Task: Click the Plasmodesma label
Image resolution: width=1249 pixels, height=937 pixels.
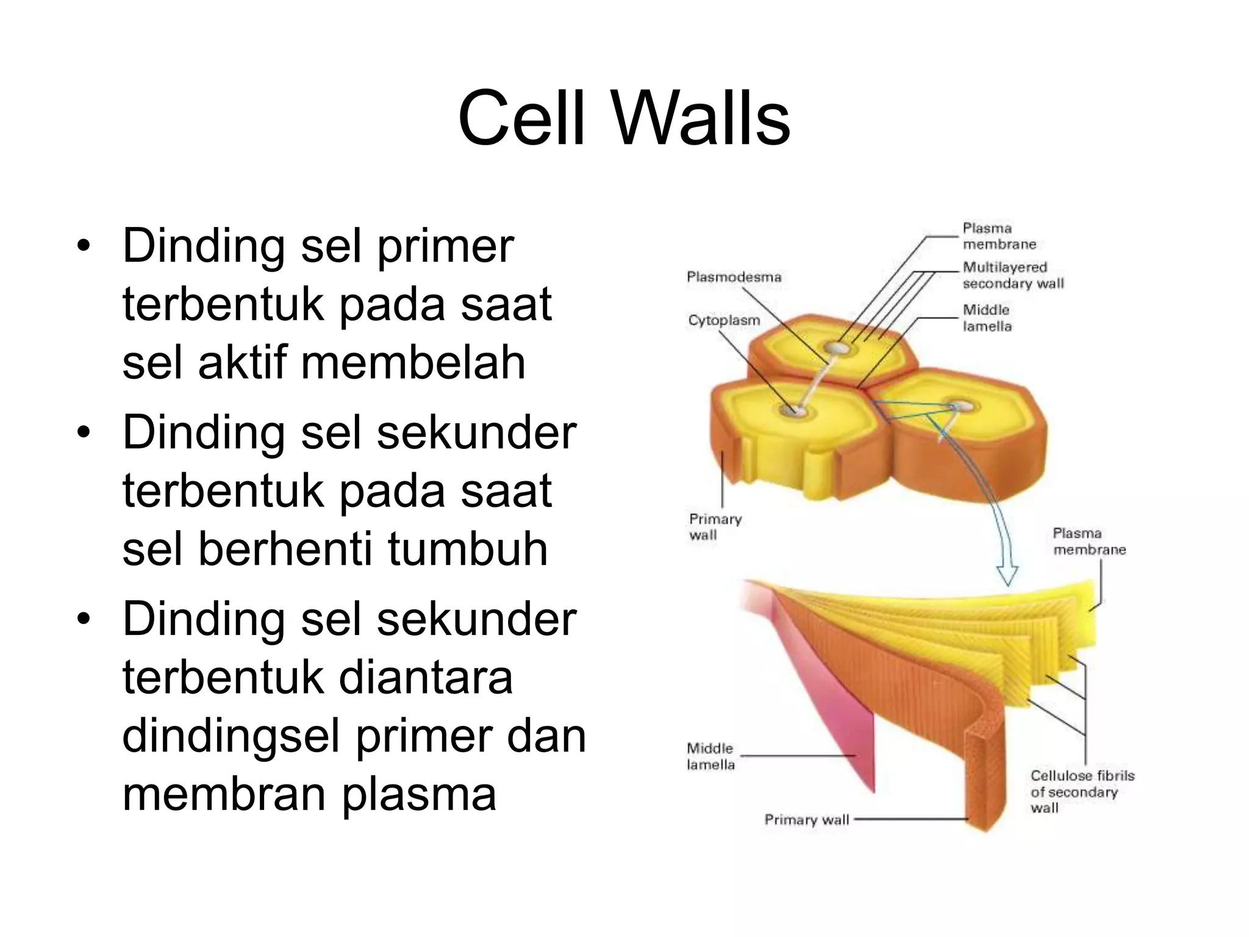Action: pyautogui.click(x=734, y=277)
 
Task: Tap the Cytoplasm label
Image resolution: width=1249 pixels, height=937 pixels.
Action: pyautogui.click(x=724, y=320)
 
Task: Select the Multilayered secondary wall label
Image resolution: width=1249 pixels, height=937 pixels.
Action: pyautogui.click(x=1012, y=275)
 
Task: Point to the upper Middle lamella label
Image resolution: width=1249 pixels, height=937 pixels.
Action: pyautogui.click(x=987, y=318)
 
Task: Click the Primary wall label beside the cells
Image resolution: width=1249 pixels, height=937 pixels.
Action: pyautogui.click(x=715, y=527)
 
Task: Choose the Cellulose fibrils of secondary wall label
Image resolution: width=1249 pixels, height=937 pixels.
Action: pyautogui.click(x=1081, y=792)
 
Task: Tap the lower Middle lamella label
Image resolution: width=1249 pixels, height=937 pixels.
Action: pyautogui.click(x=710, y=756)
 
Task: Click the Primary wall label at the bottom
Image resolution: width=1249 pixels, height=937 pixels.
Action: pyautogui.click(x=806, y=820)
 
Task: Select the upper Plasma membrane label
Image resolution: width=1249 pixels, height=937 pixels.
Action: pyautogui.click(x=999, y=236)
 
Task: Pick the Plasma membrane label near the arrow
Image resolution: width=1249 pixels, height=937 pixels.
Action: pyautogui.click(x=1089, y=542)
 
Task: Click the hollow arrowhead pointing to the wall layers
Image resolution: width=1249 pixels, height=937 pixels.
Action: pyautogui.click(x=1007, y=575)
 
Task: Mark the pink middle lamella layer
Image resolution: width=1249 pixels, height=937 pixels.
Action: pyautogui.click(x=848, y=720)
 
